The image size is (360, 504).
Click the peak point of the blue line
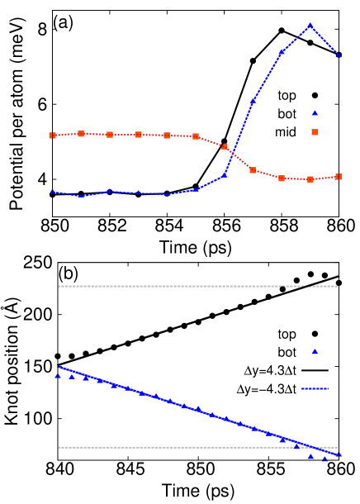coord(310,25)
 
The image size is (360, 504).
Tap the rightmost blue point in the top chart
coord(339,55)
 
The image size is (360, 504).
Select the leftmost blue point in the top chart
coord(52,192)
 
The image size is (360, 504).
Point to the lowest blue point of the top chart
coord(80,196)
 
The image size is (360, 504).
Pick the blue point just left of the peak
coord(282,52)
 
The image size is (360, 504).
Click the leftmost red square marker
coord(52,136)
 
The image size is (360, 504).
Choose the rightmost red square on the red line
coord(339,177)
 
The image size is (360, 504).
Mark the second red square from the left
coord(81,134)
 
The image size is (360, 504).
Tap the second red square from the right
coord(310,179)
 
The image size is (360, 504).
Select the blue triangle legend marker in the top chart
coord(315,112)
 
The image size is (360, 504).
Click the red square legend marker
coord(315,132)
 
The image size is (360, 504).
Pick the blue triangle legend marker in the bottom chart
coord(315,352)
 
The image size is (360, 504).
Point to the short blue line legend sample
coord(315,388)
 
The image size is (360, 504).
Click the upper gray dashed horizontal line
coord(198,287)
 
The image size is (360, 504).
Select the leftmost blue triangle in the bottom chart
coord(58,376)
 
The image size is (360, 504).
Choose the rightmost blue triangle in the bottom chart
coord(339,455)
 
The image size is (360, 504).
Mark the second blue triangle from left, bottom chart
coord(72,377)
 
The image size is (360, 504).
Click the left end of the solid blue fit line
coord(59,367)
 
